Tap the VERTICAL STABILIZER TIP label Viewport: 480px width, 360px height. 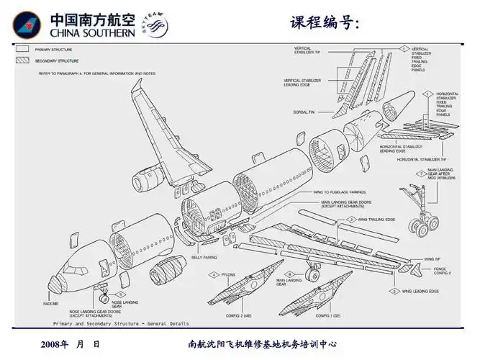[x=312, y=50]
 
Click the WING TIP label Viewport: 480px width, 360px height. [x=433, y=258]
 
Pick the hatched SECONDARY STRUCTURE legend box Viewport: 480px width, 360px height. [x=23, y=61]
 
